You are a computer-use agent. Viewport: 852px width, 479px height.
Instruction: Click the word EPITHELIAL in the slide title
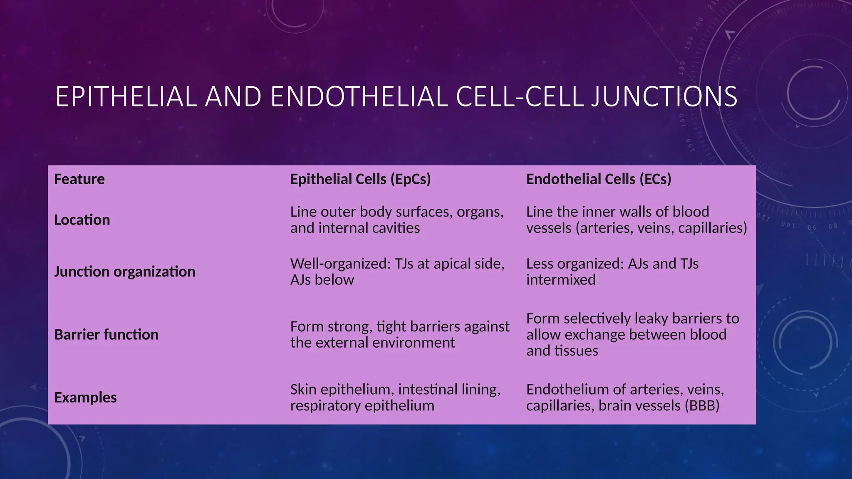(126, 96)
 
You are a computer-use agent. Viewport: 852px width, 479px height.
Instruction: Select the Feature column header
(79, 179)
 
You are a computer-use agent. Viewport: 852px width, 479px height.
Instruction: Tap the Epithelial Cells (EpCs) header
(360, 179)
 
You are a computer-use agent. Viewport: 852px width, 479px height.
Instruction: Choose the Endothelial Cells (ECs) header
(598, 179)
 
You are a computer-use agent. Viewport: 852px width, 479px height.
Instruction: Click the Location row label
(82, 220)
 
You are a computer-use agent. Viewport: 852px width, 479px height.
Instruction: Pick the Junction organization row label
(124, 272)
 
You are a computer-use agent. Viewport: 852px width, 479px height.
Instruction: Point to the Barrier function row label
(106, 335)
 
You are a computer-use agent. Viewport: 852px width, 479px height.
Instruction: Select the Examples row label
(85, 398)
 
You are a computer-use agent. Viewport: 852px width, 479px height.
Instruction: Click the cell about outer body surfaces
(396, 220)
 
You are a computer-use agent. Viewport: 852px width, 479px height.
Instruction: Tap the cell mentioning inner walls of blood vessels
(636, 220)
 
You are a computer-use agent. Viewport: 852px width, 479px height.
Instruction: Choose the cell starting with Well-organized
(397, 272)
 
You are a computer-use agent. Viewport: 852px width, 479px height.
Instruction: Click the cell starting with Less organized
(612, 272)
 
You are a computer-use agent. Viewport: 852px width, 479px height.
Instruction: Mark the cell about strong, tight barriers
(399, 335)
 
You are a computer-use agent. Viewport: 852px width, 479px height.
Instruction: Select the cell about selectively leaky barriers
(632, 335)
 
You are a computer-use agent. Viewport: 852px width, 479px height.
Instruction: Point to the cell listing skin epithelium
(395, 398)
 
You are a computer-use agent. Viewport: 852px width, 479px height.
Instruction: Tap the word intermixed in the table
(560, 280)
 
